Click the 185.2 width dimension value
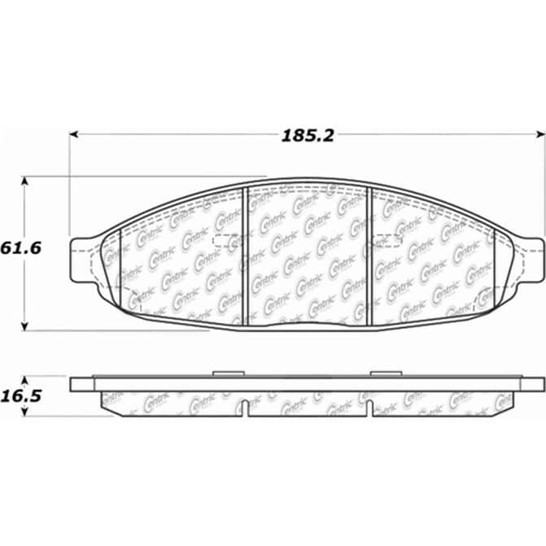click(x=308, y=136)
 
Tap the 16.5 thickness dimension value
click(x=22, y=395)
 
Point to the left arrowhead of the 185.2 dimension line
click(x=74, y=135)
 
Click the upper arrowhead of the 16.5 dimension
click(x=26, y=381)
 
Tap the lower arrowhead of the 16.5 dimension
click(x=26, y=411)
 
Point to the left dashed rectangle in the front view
click(x=227, y=238)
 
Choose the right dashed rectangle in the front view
click(x=387, y=238)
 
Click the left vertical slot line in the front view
click(x=246, y=256)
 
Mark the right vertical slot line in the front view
click(x=371, y=256)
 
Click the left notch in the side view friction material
click(x=247, y=408)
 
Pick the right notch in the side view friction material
click(x=370, y=408)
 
